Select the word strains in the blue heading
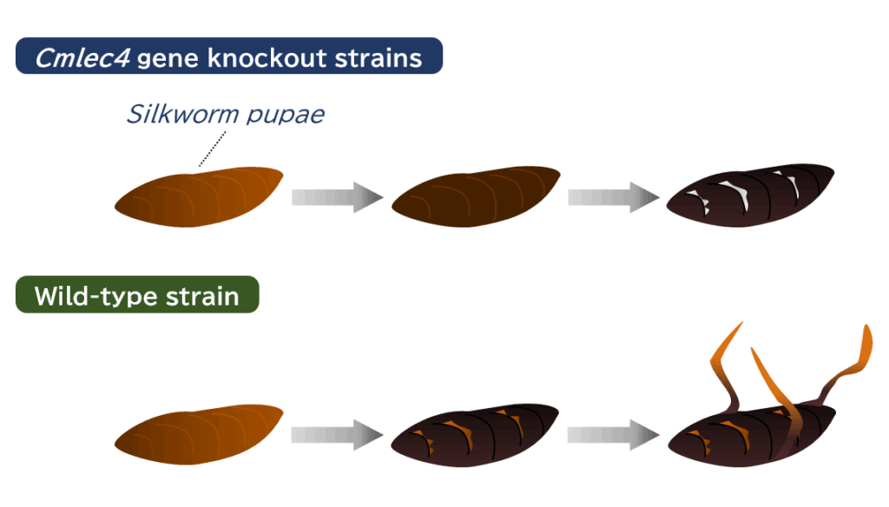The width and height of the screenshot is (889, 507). [380, 58]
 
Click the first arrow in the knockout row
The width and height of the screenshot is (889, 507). [337, 197]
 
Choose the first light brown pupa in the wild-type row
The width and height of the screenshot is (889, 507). [200, 435]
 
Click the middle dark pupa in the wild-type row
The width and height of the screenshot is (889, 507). [476, 435]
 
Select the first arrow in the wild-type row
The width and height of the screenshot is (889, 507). [337, 435]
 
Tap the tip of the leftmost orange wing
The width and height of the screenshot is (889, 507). [741, 325]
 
